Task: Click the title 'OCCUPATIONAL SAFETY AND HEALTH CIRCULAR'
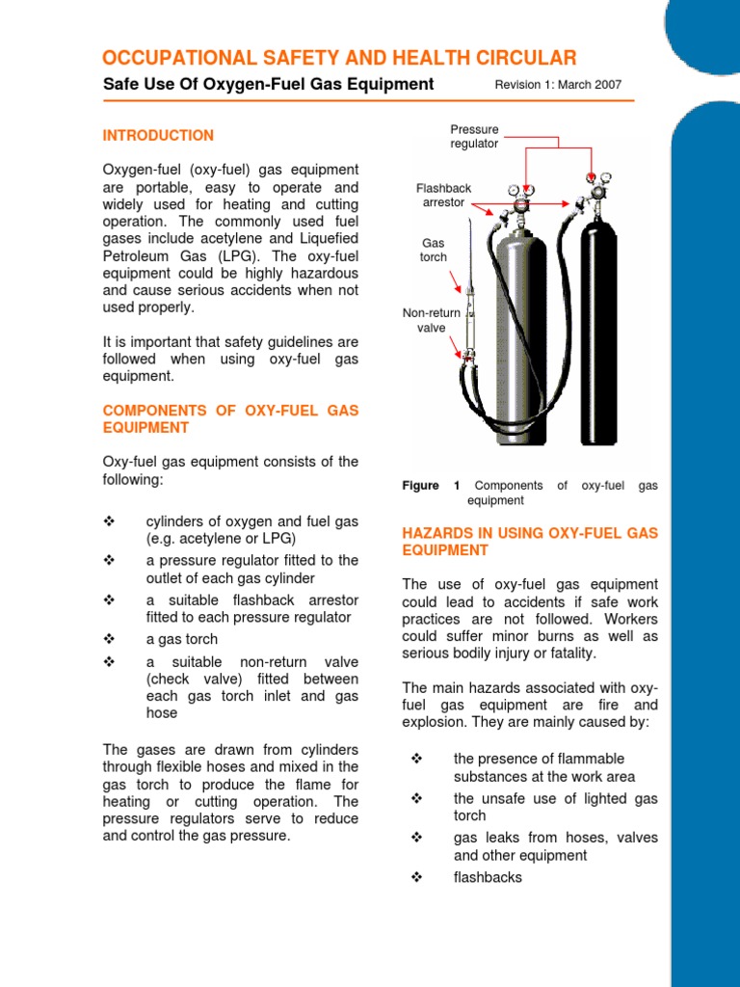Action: pos(339,58)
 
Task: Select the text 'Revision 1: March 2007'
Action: pos(558,85)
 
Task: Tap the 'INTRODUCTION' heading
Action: pos(158,136)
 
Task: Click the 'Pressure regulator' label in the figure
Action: pos(474,136)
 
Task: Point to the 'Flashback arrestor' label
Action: pos(443,196)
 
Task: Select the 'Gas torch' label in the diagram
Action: pos(433,251)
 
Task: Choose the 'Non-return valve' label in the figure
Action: pos(431,320)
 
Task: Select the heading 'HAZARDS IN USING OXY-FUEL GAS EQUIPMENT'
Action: pos(529,542)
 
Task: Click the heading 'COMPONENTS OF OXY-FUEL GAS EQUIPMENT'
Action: pos(229,418)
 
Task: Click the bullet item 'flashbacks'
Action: pos(488,877)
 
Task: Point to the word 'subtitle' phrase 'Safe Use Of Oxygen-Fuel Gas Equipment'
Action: pos(268,85)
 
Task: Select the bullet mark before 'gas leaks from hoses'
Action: pos(417,838)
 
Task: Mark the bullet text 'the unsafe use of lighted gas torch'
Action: pos(555,807)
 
